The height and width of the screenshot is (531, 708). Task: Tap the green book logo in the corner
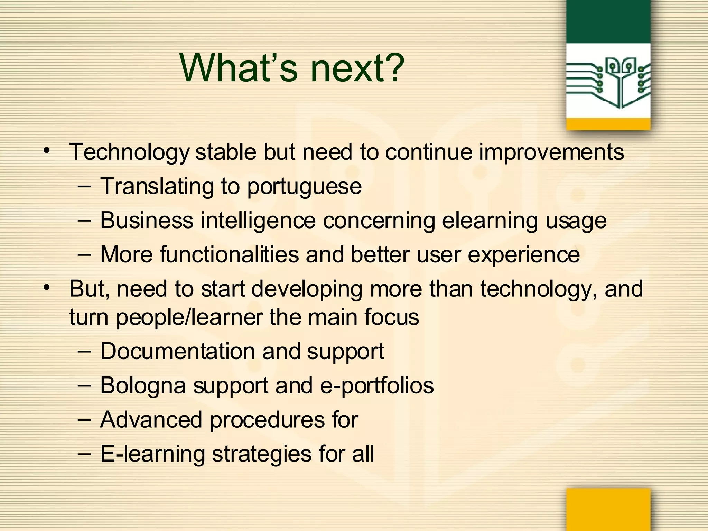click(608, 82)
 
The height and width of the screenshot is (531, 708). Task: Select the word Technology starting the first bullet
click(129, 152)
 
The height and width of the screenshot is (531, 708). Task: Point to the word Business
click(147, 220)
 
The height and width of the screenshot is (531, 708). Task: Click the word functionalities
click(229, 254)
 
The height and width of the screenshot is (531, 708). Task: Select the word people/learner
click(189, 317)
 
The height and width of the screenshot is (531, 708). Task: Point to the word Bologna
click(143, 385)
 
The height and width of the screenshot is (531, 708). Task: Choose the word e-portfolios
click(377, 385)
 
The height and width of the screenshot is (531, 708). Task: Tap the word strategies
click(262, 454)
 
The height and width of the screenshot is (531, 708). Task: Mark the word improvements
click(551, 152)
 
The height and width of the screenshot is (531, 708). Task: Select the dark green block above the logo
click(608, 21)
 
